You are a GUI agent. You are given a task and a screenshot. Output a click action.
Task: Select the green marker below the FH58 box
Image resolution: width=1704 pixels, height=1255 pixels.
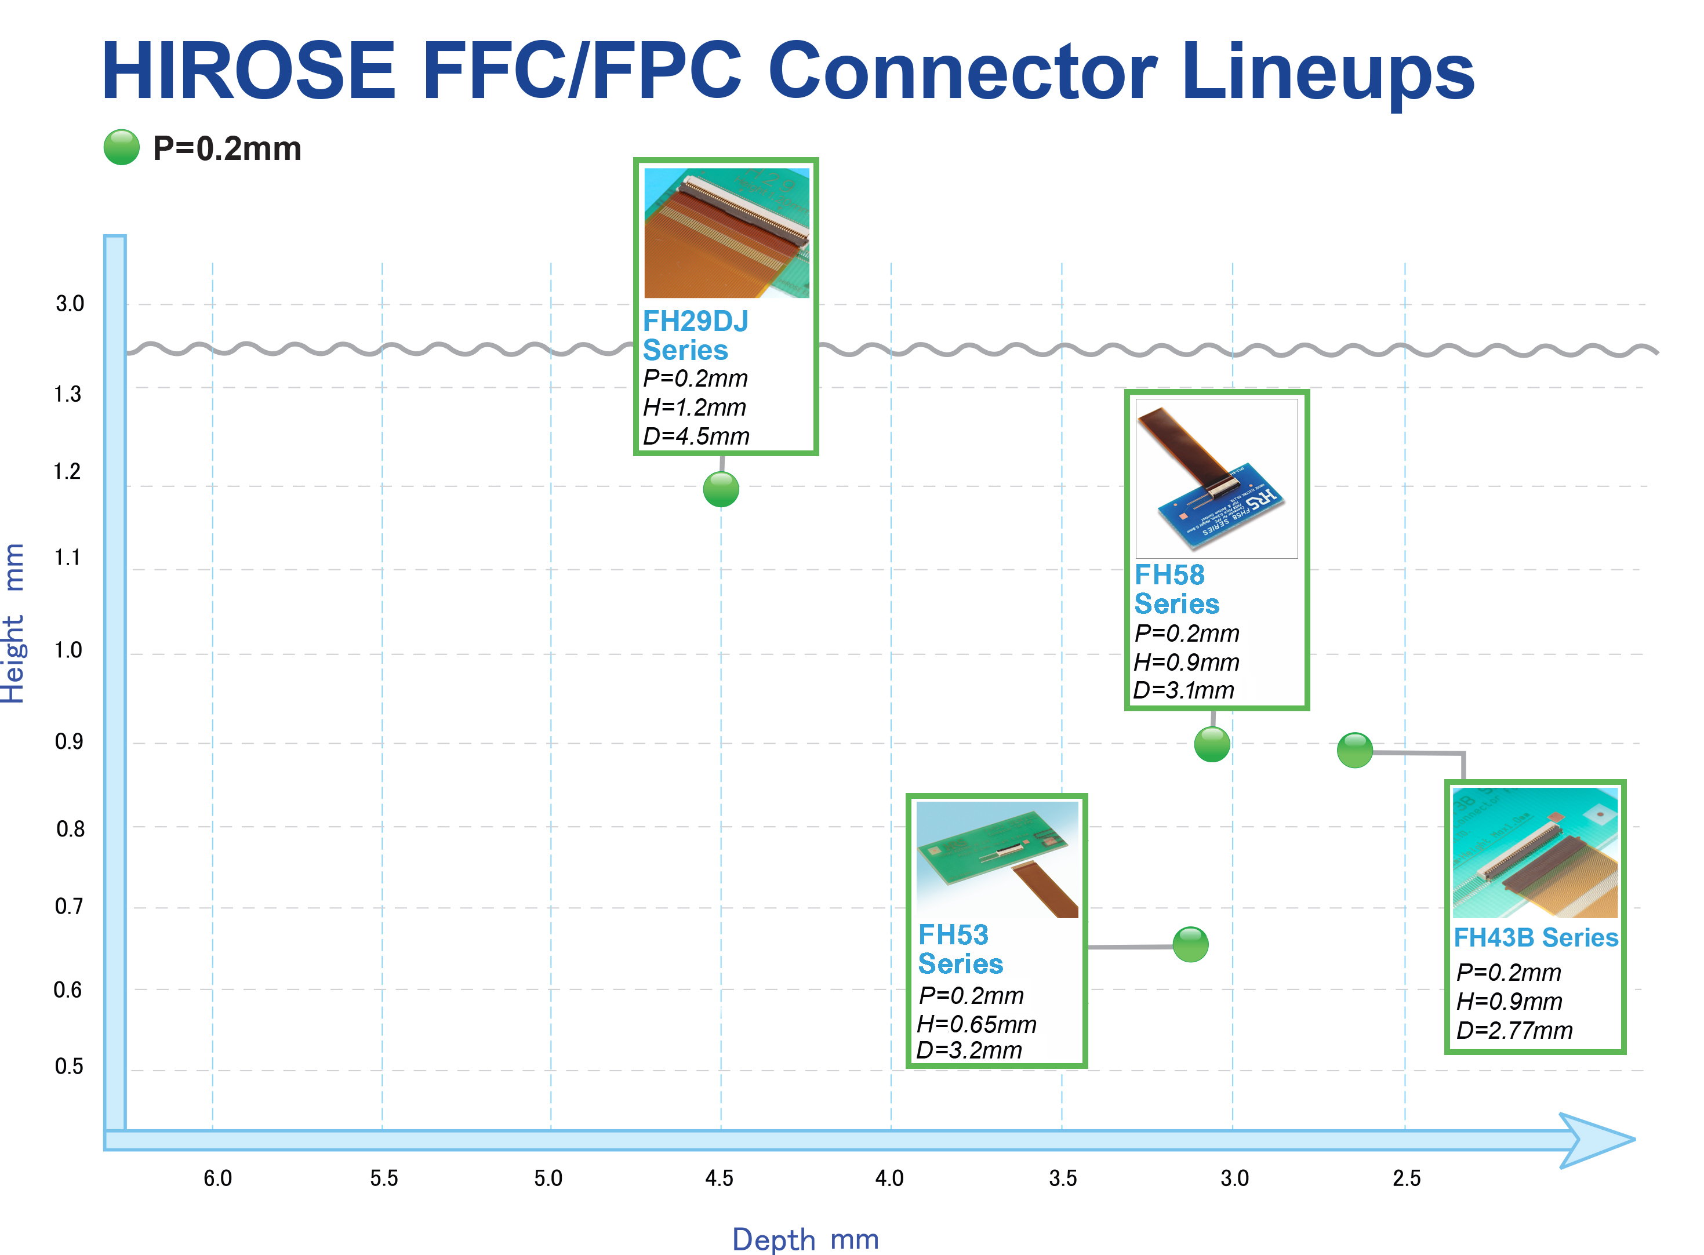point(1211,744)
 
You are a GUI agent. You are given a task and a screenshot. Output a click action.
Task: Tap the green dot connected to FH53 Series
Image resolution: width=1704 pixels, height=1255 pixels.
point(1190,944)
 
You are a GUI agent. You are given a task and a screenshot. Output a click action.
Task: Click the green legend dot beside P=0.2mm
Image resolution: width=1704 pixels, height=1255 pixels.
point(122,147)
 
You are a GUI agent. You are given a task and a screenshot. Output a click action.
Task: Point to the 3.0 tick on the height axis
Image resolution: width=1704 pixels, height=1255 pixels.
point(70,304)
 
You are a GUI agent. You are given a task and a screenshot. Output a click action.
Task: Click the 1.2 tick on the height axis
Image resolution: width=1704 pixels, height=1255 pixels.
point(67,472)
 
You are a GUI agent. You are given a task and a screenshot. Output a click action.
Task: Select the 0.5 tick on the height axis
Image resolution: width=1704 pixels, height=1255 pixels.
point(69,1067)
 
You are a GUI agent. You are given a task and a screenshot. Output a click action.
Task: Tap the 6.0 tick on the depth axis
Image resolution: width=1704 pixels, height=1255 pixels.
point(217,1178)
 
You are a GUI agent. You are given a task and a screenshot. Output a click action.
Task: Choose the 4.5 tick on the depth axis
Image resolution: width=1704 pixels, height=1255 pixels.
point(719,1178)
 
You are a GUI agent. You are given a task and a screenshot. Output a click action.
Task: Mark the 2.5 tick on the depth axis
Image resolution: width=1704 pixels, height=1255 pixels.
point(1406,1178)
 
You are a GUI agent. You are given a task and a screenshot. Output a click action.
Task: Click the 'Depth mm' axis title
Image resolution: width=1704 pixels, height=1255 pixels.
point(805,1239)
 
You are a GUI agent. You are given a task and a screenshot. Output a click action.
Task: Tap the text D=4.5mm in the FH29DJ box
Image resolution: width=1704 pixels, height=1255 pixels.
point(696,436)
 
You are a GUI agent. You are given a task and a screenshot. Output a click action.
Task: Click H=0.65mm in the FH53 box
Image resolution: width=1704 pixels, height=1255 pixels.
point(976,1024)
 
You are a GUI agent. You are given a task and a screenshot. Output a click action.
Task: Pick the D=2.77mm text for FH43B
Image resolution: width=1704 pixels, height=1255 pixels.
point(1514,1030)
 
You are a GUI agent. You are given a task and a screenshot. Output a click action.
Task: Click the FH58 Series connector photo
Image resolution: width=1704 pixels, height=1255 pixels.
point(1216,479)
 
